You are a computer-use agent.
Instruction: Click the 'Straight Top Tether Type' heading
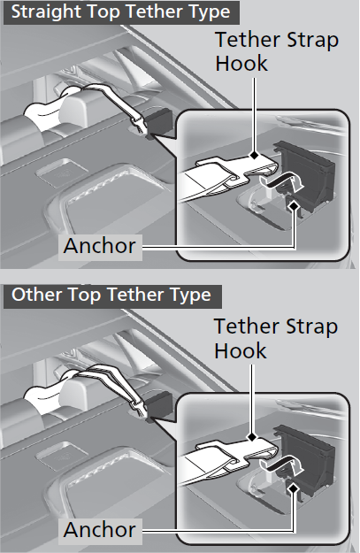click(120, 12)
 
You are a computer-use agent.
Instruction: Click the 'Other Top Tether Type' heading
click(111, 295)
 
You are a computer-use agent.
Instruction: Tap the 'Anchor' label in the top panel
click(99, 245)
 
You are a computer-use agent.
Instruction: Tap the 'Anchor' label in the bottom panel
click(99, 530)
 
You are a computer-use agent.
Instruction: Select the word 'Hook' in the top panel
click(241, 64)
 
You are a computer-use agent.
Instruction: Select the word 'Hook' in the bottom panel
click(241, 350)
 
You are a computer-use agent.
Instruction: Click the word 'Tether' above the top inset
click(248, 40)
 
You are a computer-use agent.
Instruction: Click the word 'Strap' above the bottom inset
click(311, 327)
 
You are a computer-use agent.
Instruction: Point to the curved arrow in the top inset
click(282, 180)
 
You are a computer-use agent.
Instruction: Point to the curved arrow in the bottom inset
click(282, 465)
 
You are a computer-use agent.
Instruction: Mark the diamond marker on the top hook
click(254, 155)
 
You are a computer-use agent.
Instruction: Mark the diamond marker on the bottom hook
click(252, 437)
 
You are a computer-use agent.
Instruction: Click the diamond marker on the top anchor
click(294, 205)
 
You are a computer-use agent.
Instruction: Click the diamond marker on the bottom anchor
click(293, 488)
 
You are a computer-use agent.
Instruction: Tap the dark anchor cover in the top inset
click(307, 173)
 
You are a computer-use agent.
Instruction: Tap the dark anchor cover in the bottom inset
click(307, 457)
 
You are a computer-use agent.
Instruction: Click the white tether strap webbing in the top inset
click(197, 183)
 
